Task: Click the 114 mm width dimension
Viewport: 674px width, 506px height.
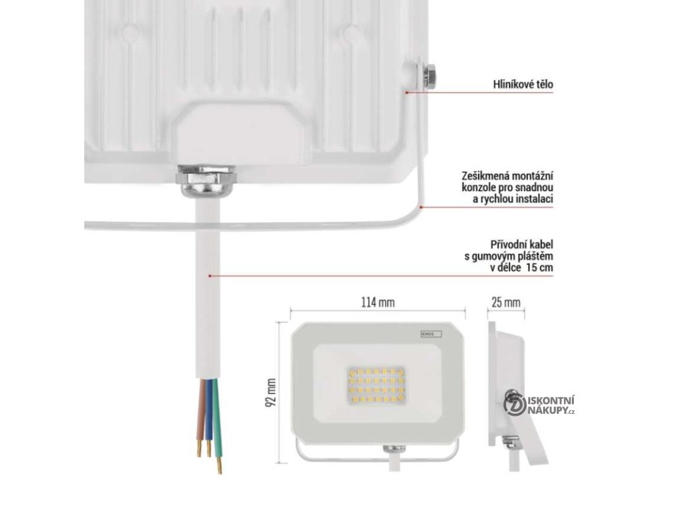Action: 377,302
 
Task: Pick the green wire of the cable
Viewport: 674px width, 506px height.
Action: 217,422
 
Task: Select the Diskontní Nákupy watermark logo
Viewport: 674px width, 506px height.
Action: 539,405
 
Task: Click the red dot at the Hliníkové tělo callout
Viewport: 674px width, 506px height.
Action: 405,93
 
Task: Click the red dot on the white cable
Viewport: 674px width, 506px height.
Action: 209,275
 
